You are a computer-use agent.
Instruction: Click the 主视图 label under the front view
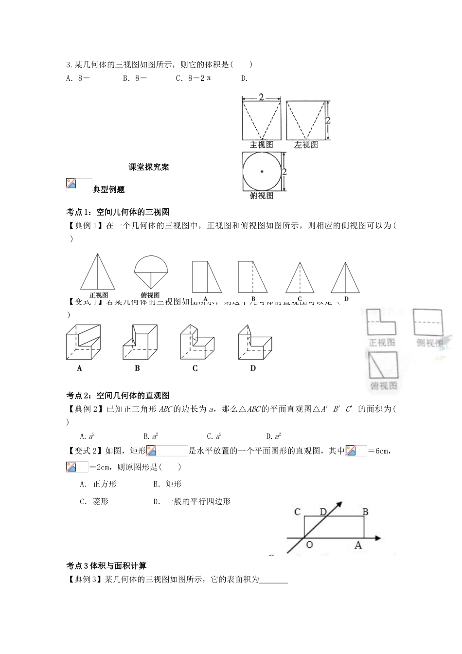[261, 145]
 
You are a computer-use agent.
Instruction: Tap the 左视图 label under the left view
[306, 145]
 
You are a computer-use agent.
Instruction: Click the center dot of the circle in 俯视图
[262, 171]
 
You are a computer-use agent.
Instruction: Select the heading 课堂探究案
[149, 167]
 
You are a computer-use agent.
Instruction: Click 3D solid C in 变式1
[196, 343]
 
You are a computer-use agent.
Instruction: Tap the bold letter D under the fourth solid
[253, 368]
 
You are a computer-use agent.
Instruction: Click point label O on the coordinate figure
[309, 545]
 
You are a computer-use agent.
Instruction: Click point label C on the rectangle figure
[298, 512]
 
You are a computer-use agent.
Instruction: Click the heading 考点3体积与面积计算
[107, 565]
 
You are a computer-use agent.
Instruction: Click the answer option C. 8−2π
[194, 78]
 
